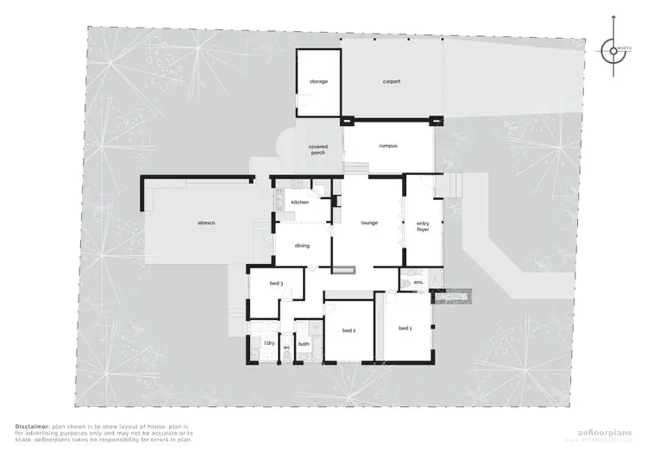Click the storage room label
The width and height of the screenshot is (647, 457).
tap(319, 82)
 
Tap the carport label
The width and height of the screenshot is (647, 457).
tap(392, 82)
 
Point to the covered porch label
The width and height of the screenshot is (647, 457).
tap(317, 149)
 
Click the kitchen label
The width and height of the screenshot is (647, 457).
tap(299, 202)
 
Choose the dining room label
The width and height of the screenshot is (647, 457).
tap(302, 246)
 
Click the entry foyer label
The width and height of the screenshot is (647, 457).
tap(423, 227)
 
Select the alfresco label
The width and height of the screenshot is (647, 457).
tap(206, 223)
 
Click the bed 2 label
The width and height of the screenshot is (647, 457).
tap(349, 330)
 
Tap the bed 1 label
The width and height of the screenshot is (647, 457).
tap(405, 329)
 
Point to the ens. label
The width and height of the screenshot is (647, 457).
tap(418, 282)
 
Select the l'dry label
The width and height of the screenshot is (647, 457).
tap(268, 343)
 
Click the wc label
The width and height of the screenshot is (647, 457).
tap(287, 347)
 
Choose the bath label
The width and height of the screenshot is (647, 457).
tap(304, 343)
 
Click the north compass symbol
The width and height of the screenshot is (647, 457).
tap(614, 50)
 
